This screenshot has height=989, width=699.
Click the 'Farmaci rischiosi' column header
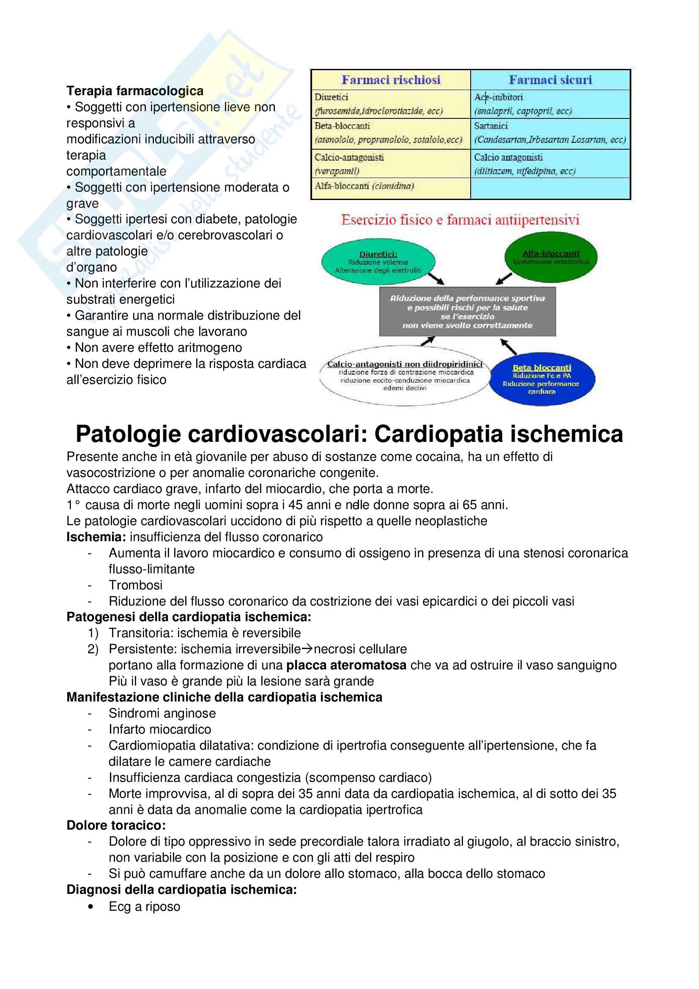coord(391,79)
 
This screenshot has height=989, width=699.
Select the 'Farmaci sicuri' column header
coord(550,79)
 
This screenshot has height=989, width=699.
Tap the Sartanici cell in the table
coord(550,133)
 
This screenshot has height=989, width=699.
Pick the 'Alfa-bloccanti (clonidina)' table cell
coord(390,188)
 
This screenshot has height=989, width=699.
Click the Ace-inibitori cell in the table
coord(550,104)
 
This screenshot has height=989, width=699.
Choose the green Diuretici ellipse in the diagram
coord(378,262)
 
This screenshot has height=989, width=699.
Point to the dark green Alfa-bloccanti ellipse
coord(551,257)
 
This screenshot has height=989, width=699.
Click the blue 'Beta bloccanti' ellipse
coord(542,379)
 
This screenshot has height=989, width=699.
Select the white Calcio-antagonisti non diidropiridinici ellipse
coord(404,375)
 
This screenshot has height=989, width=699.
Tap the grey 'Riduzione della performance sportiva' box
coord(467,312)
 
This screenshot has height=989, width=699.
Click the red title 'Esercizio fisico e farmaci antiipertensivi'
coord(460,220)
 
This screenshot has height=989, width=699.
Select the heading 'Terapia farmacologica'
coord(135,91)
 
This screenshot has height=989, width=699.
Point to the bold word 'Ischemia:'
coord(96,537)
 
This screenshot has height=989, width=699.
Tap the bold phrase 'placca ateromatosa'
coord(346,665)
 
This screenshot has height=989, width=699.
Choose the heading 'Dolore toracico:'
coord(116,825)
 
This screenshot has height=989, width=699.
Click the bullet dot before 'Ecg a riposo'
coord(90,906)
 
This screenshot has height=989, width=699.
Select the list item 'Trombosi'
coord(135,585)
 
